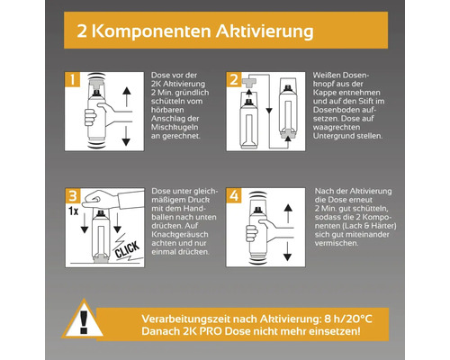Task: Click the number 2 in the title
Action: point(81,32)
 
